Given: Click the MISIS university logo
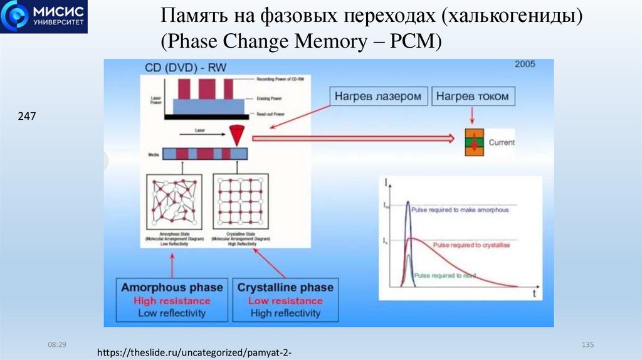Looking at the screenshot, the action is tap(43, 17).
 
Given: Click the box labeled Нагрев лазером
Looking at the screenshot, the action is tap(379, 97).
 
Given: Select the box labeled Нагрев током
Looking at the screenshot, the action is tap(472, 97).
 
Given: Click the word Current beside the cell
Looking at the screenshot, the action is tap(501, 142).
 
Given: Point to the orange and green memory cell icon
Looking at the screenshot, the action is tap(473, 142).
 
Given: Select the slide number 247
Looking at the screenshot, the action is tap(27, 116).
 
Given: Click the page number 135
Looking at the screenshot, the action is tap(587, 345).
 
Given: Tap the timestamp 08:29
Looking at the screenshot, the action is tap(58, 345).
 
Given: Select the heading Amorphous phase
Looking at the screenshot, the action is tap(172, 288).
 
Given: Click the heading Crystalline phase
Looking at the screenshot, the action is tap(285, 288).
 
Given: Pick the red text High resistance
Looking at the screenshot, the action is tap(172, 301).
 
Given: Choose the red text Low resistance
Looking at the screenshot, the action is tap(285, 301).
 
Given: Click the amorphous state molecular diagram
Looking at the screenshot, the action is tap(173, 201).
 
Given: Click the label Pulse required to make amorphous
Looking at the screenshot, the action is tap(460, 210).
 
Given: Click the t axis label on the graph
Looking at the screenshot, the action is tap(534, 292).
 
